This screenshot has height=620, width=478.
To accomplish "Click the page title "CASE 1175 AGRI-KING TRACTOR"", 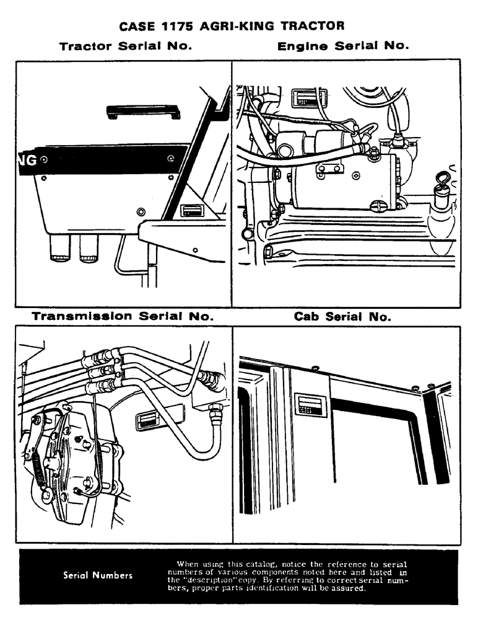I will point(238,27).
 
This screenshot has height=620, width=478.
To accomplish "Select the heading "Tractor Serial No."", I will point(124,46).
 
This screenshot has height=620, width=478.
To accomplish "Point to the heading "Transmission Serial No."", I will point(123,316).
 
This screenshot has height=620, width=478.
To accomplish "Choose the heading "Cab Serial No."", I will point(342,317).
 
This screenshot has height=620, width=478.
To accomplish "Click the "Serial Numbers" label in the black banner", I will point(98,575).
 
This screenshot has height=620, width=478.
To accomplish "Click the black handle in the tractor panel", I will point(143,111).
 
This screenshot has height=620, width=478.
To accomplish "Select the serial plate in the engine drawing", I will point(303,98).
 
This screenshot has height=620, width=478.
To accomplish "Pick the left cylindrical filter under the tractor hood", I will point(60,248).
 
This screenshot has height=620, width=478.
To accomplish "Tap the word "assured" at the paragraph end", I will point(350,588).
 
